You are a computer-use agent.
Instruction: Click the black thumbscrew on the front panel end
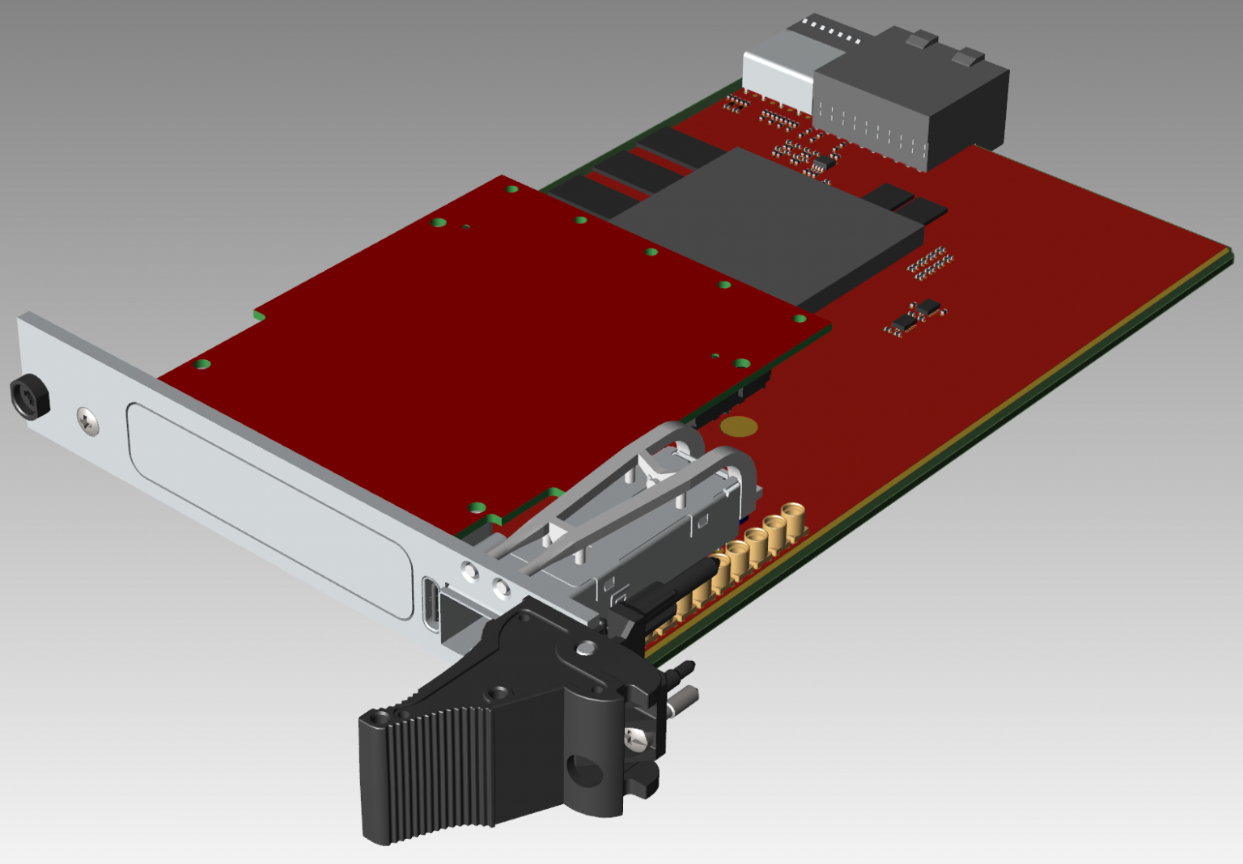(30, 396)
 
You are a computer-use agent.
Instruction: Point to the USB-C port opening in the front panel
(432, 603)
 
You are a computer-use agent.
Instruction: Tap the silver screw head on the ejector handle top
(585, 648)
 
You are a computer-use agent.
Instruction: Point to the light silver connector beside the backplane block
(777, 69)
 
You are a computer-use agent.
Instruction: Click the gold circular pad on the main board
(738, 426)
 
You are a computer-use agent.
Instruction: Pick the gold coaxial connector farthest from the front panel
(792, 519)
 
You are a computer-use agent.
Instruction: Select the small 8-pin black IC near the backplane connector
(821, 164)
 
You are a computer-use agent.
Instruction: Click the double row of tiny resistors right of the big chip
(930, 263)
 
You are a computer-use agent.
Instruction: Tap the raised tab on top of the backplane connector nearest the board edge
(966, 57)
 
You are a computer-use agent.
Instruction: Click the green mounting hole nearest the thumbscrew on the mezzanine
(202, 365)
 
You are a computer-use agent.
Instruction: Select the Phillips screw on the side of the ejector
(636, 737)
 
